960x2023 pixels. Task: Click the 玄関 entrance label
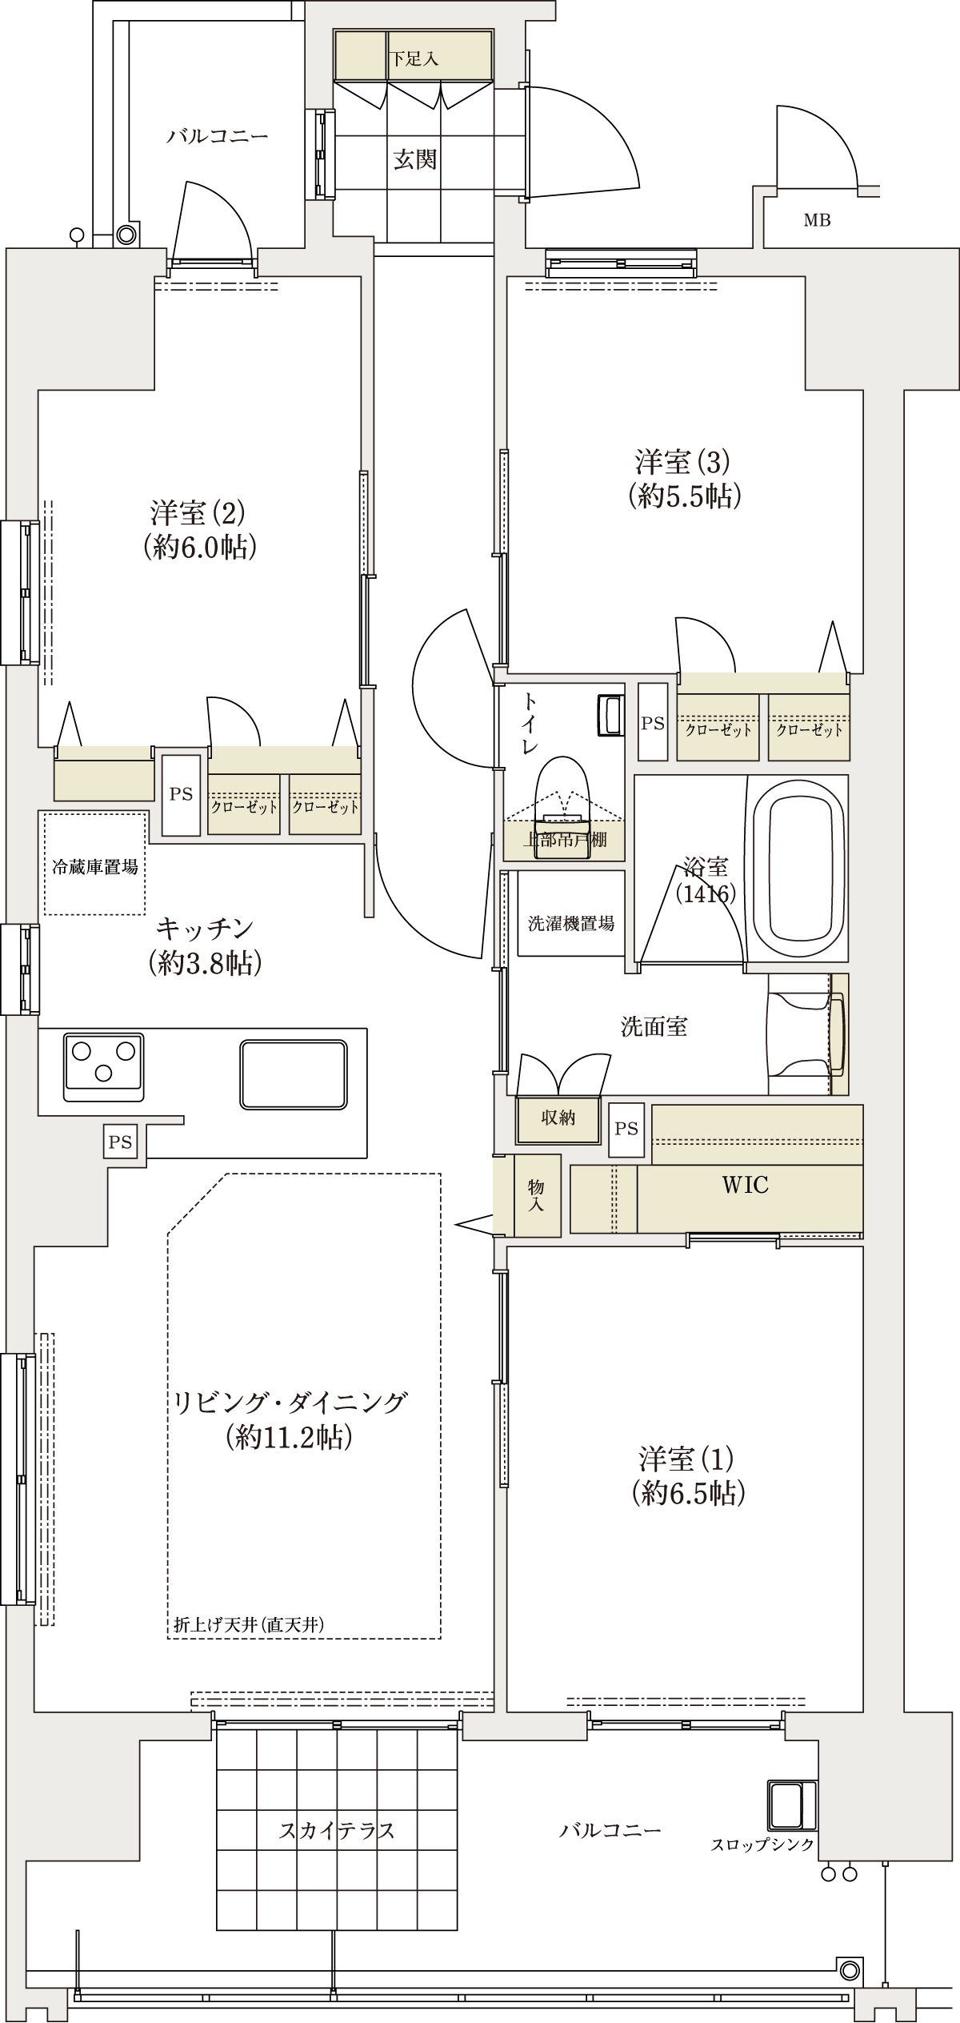(415, 159)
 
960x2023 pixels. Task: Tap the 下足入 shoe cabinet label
(414, 59)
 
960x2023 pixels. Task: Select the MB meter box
(817, 220)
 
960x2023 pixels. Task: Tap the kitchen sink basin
(294, 1074)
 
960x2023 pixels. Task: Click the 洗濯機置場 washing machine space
(570, 923)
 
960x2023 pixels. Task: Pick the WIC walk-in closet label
(745, 1185)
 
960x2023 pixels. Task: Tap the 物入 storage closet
(536, 1195)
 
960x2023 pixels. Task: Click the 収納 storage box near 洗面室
(558, 1118)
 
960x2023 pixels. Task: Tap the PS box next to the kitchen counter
(120, 1142)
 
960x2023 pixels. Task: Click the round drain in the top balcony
(126, 235)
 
